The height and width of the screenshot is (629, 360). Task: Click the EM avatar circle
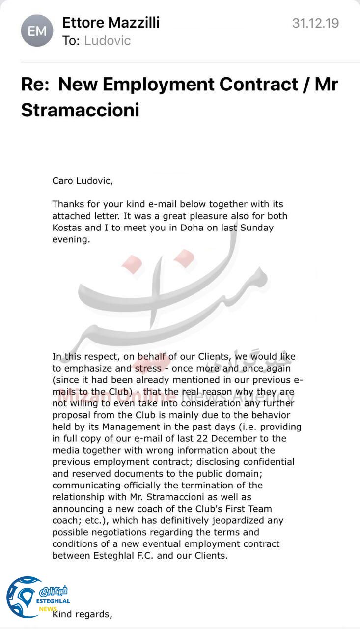tap(37, 30)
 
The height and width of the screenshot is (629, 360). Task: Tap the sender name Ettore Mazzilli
tap(111, 22)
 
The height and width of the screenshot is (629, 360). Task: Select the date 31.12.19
tap(315, 23)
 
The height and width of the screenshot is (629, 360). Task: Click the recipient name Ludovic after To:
tap(107, 40)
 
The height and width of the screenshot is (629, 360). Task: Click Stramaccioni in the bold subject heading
tap(80, 110)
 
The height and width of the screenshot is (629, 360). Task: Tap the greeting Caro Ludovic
tap(83, 181)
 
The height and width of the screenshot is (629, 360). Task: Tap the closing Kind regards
tap(83, 614)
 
